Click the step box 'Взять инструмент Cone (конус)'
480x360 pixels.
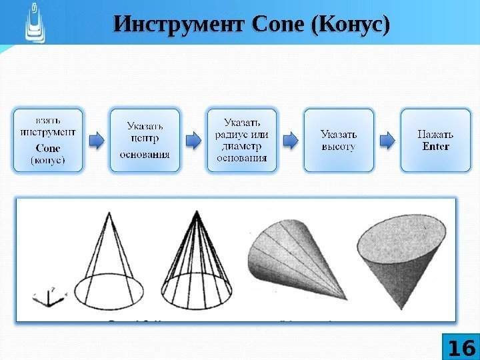pos(47,140)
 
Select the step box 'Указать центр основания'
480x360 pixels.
pos(145,140)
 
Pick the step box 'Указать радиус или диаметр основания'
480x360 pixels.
pos(241,140)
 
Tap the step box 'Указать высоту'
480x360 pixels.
pos(339,140)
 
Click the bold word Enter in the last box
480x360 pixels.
pos(436,147)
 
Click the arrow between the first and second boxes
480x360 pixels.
pos(96,141)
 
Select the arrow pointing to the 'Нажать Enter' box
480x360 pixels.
pos(387,141)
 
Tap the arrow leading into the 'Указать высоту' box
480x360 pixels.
pos(290,141)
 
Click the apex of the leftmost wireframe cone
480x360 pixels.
pos(109,212)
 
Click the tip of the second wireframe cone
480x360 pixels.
pos(196,212)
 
